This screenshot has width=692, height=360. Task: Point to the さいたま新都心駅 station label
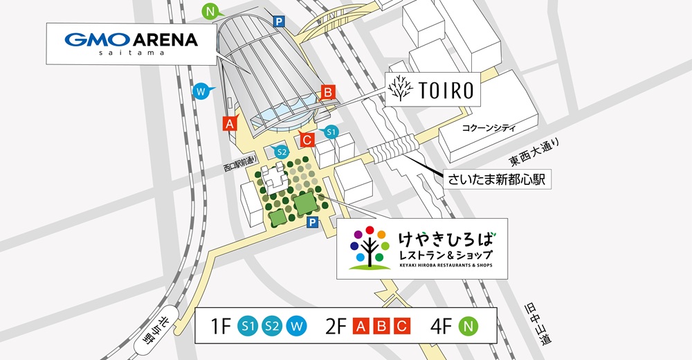[x=497, y=179]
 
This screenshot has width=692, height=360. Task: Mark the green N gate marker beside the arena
[x=212, y=11]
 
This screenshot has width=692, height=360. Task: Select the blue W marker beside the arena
[x=201, y=91]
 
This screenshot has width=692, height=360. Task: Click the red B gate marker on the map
[x=328, y=92]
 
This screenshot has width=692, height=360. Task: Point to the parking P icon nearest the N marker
[x=279, y=22]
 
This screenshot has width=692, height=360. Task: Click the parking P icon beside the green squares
[x=312, y=222]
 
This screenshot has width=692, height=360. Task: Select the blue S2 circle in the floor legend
[x=272, y=325]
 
